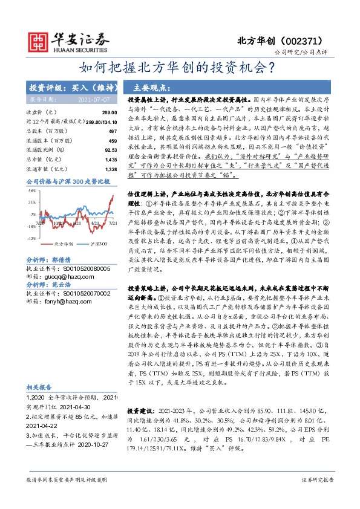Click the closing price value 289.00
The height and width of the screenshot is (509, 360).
click(109, 113)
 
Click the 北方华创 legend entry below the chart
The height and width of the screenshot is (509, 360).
click(64, 244)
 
